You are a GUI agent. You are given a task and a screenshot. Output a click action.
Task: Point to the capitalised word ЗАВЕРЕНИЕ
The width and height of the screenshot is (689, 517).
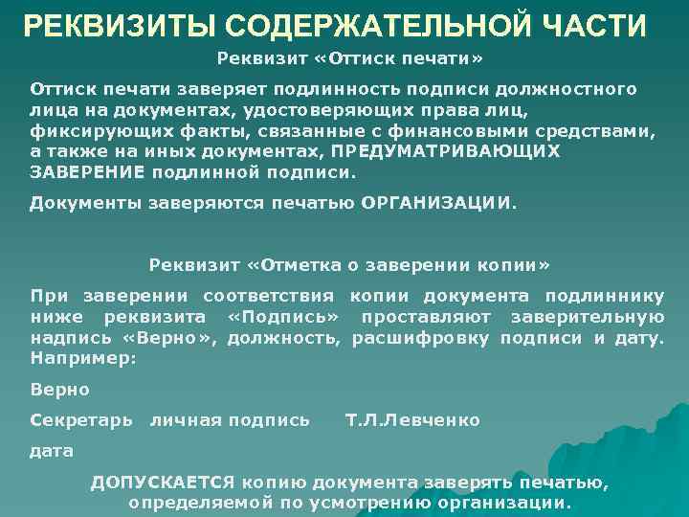pyautogui.click(x=87, y=173)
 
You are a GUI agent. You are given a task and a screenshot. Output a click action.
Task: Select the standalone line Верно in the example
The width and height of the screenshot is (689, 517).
pyautogui.click(x=60, y=390)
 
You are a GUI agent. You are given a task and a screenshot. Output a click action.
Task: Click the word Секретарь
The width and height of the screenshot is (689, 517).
pyautogui.click(x=81, y=420)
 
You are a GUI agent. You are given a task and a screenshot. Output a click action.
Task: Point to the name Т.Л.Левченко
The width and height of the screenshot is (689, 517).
pyautogui.click(x=412, y=420)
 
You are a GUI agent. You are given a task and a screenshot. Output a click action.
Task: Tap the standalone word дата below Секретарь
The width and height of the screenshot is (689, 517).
pyautogui.click(x=52, y=451)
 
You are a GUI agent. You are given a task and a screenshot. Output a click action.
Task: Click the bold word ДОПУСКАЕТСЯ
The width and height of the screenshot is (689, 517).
pyautogui.click(x=164, y=483)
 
